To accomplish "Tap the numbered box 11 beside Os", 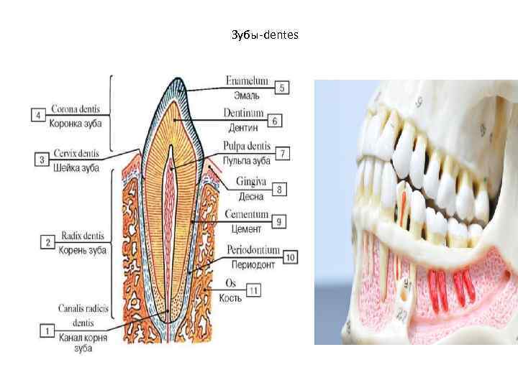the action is pyautogui.click(x=253, y=290).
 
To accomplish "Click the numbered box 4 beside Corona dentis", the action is pyautogui.click(x=37, y=115).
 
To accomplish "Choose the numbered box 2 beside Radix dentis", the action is pyautogui.click(x=47, y=242).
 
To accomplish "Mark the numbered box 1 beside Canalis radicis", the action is pyautogui.click(x=47, y=331).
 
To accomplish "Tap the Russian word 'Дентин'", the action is pyautogui.click(x=242, y=128).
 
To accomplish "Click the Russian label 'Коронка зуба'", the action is pyautogui.click(x=76, y=123).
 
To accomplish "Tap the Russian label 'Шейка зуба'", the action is pyautogui.click(x=76, y=167).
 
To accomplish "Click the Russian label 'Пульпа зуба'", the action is pyautogui.click(x=246, y=160).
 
